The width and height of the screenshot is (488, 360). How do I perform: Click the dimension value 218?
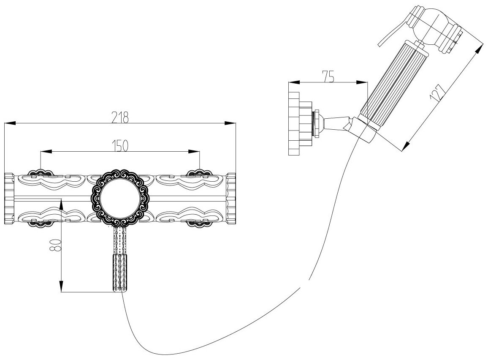(120, 117)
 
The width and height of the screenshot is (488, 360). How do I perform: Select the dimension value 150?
(120, 145)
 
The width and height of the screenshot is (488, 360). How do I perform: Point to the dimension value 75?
(329, 76)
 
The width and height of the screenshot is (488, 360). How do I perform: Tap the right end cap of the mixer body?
(231, 198)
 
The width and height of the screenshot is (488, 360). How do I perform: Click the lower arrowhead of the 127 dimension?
(405, 146)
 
